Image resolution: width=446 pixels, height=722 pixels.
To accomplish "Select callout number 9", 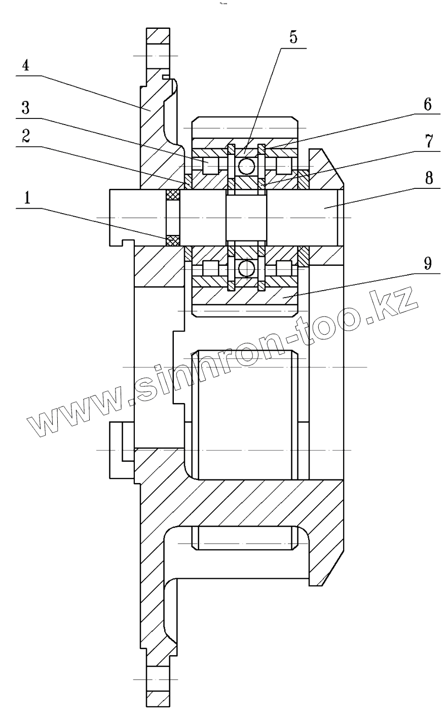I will coord(428,264).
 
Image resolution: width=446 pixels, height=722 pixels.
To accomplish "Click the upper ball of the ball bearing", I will coord(247,165).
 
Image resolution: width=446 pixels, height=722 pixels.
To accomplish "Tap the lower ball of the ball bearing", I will coord(247,269).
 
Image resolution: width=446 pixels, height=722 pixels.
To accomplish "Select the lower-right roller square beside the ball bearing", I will coord(284,268).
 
